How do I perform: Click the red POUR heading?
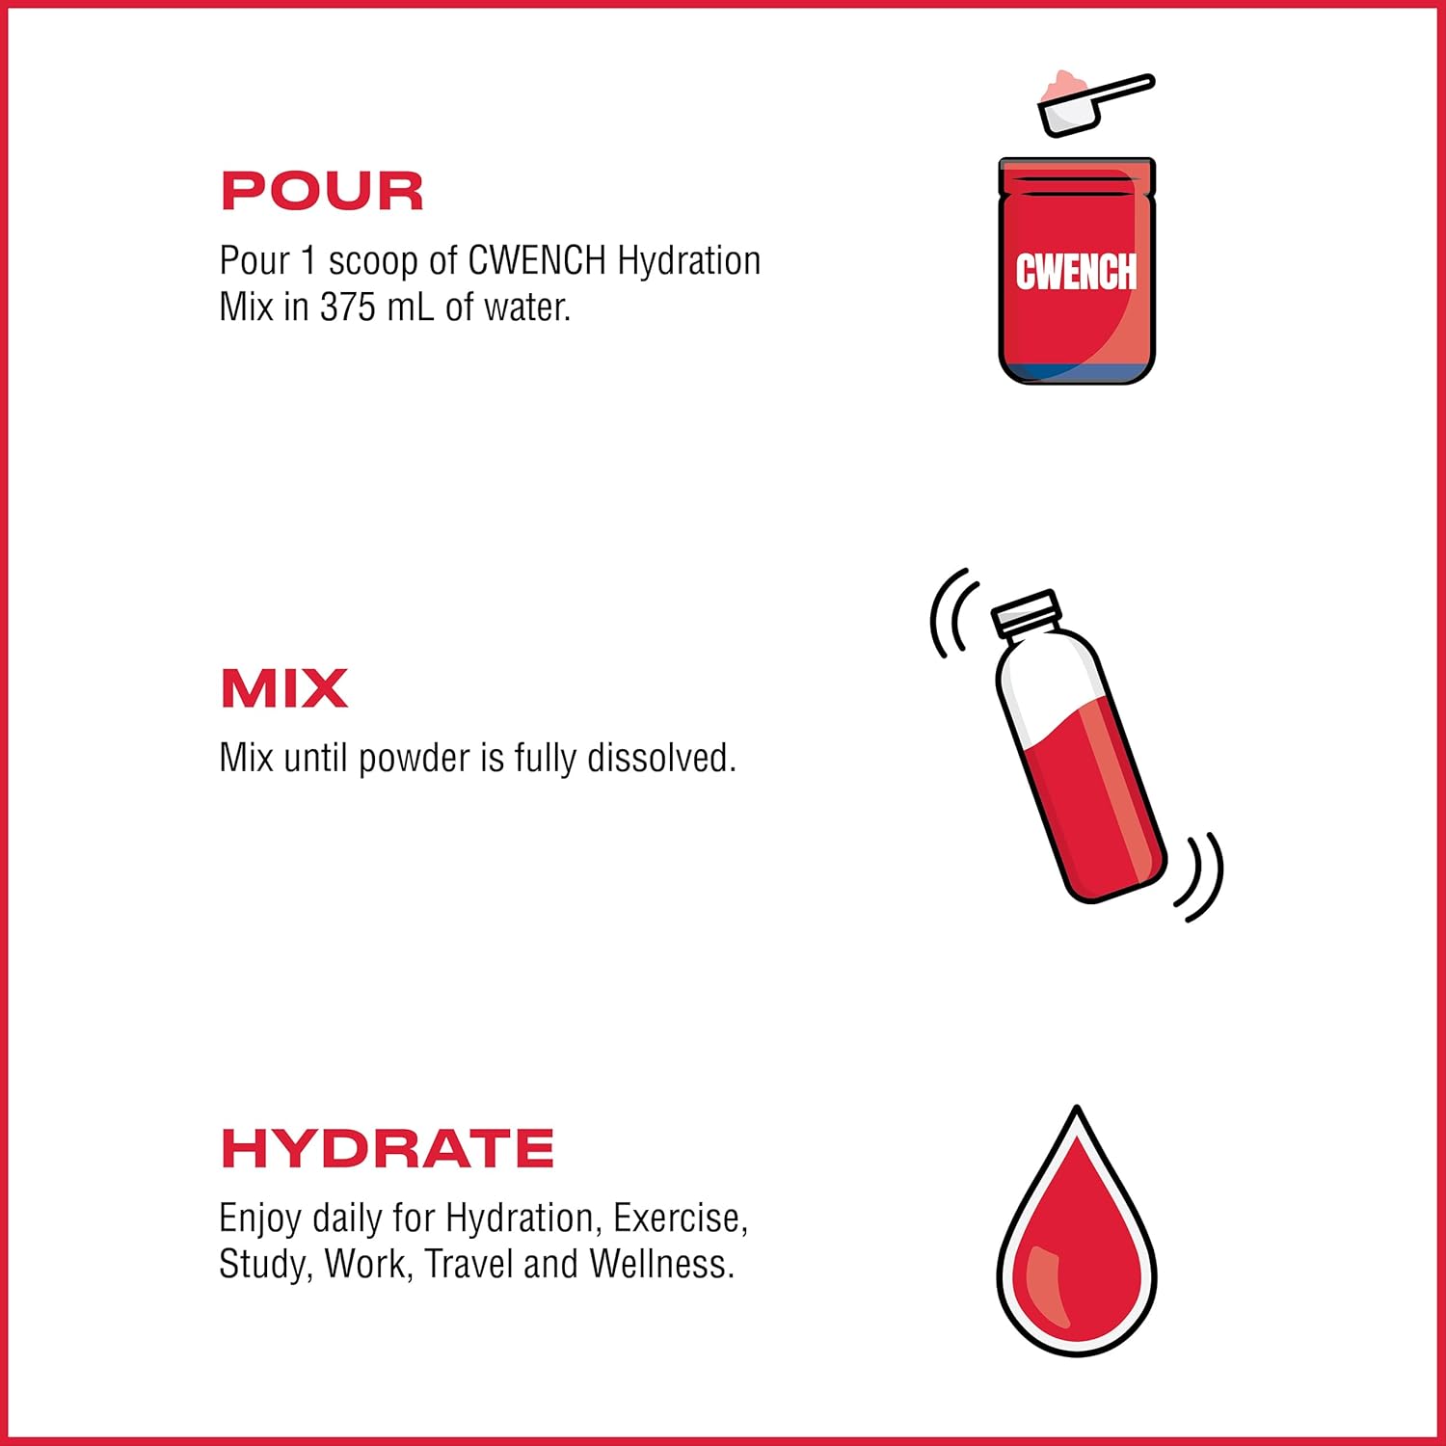point(322,191)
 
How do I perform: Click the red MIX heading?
point(283,688)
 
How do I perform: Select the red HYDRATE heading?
point(388,1148)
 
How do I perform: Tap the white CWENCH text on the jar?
point(1076,273)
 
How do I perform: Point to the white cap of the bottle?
point(1027,611)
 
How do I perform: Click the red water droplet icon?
point(1076,1244)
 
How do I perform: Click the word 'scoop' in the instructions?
point(372,261)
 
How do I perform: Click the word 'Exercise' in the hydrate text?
point(680,1218)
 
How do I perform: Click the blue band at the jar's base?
point(1076,371)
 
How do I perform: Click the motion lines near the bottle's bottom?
point(1201,875)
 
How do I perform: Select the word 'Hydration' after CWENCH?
point(688,261)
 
